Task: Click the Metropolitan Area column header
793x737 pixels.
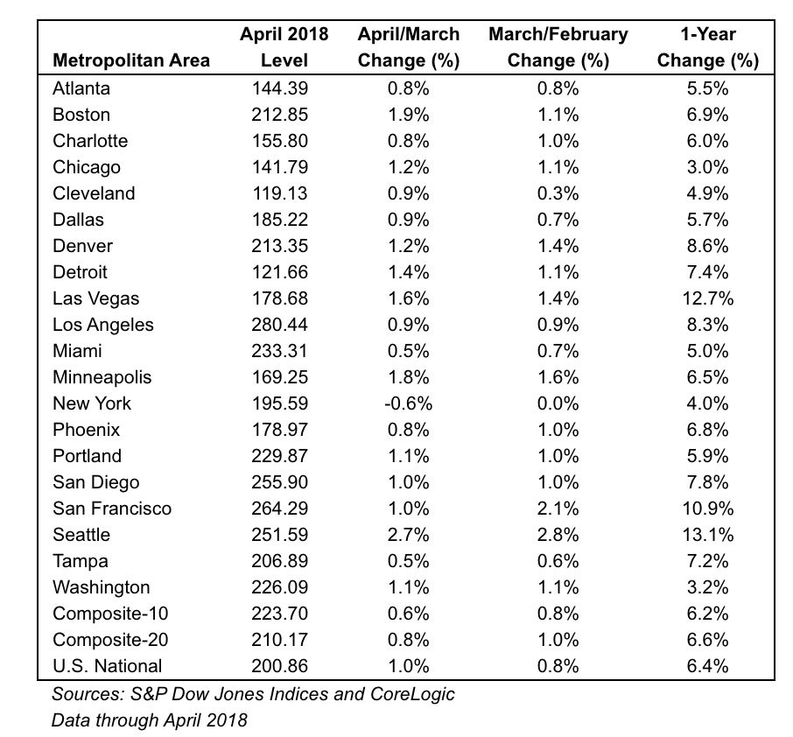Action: pyautogui.click(x=131, y=60)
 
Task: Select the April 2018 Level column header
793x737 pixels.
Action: pyautogui.click(x=284, y=47)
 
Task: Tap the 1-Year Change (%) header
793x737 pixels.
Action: pyautogui.click(x=707, y=47)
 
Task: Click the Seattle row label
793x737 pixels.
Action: pyautogui.click(x=81, y=535)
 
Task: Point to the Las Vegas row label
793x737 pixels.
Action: pyautogui.click(x=95, y=298)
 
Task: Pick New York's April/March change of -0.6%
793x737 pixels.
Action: pyautogui.click(x=408, y=404)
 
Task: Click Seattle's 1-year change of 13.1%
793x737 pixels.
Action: pyautogui.click(x=707, y=535)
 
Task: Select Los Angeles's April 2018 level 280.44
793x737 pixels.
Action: pyautogui.click(x=280, y=324)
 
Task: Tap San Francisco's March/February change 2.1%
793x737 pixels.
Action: pyautogui.click(x=558, y=509)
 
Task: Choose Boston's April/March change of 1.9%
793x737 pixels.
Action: pyautogui.click(x=408, y=115)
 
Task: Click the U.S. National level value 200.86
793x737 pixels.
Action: pyautogui.click(x=280, y=666)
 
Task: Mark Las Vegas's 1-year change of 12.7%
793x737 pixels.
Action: pyautogui.click(x=707, y=298)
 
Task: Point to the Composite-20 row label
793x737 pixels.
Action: pyautogui.click(x=110, y=639)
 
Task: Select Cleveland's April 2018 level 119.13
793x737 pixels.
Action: pyautogui.click(x=280, y=193)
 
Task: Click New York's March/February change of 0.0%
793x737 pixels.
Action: pyautogui.click(x=558, y=404)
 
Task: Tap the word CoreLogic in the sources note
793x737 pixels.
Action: pyautogui.click(x=412, y=694)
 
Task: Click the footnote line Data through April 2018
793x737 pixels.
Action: pyautogui.click(x=149, y=720)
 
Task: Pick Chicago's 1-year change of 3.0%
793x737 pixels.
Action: pyautogui.click(x=707, y=167)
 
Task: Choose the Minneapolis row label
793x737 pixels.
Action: pyautogui.click(x=102, y=377)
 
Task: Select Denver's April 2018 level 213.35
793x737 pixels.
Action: pyautogui.click(x=280, y=246)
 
